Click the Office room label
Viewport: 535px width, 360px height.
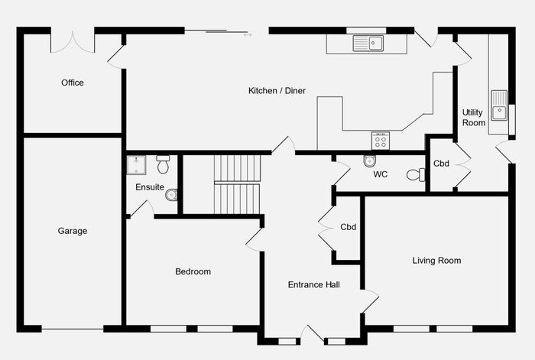click(x=73, y=83)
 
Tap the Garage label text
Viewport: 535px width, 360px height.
click(x=73, y=231)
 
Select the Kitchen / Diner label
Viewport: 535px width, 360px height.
click(x=277, y=91)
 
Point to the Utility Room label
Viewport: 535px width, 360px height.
click(x=474, y=118)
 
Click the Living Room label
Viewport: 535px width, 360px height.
click(x=436, y=261)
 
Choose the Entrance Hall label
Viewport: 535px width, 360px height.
click(x=313, y=285)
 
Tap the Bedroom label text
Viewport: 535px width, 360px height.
click(x=193, y=271)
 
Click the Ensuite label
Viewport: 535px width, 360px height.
click(x=149, y=187)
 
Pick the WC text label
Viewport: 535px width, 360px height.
click(x=380, y=174)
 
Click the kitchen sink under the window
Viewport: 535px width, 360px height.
click(x=368, y=44)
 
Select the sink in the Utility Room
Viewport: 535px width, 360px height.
click(x=499, y=105)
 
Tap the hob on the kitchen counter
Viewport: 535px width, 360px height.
click(x=381, y=141)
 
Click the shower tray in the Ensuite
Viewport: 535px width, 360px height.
click(x=136, y=164)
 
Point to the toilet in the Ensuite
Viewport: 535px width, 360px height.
click(x=163, y=164)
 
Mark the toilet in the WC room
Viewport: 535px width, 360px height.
click(x=415, y=175)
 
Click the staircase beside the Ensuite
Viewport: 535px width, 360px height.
click(x=237, y=183)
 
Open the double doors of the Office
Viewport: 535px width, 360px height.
click(x=73, y=42)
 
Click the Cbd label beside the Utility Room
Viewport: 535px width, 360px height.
click(x=441, y=164)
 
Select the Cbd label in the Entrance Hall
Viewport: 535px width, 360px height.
click(x=349, y=227)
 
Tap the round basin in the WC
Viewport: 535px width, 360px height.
click(x=370, y=161)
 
